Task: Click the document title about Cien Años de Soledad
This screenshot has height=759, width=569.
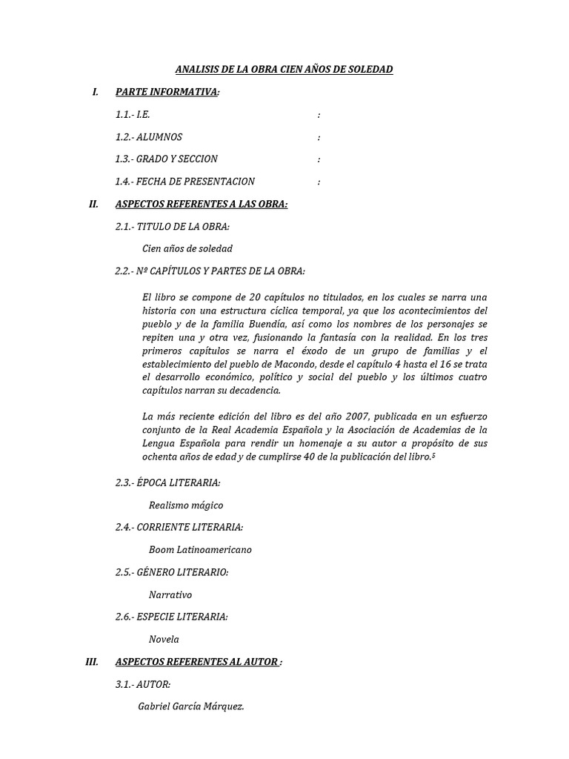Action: click(284, 70)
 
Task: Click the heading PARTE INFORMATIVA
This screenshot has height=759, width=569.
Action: click(167, 92)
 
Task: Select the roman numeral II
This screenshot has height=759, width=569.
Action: click(93, 204)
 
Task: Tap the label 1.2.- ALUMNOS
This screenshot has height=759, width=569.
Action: click(149, 137)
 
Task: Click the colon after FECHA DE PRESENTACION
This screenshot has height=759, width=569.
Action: click(319, 182)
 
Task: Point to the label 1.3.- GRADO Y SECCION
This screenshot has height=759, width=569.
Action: click(167, 159)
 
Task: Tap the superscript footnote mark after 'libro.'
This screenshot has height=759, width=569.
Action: click(433, 455)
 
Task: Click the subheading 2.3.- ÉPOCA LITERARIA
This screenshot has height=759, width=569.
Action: click(168, 483)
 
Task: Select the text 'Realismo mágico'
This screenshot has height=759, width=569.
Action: click(186, 505)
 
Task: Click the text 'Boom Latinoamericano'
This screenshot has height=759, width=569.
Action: click(200, 549)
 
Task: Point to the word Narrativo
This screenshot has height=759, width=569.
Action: click(170, 594)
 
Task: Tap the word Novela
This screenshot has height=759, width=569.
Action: click(164, 638)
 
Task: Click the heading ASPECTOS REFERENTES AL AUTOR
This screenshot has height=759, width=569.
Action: click(197, 662)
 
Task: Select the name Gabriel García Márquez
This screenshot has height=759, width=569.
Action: click(191, 706)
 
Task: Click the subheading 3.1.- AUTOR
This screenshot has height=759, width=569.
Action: click(143, 684)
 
